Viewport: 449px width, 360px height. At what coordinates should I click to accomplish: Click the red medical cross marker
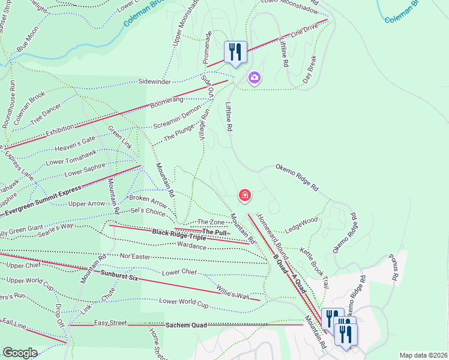click(x=245, y=195)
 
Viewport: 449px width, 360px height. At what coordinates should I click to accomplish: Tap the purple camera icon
click(x=254, y=78)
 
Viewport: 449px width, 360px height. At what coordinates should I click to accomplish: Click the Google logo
click(x=19, y=353)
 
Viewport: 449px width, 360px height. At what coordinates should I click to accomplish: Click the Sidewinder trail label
click(x=155, y=80)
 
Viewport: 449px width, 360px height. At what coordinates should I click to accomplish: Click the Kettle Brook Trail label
click(x=315, y=267)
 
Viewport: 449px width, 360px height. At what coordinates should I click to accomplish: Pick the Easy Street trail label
click(x=110, y=323)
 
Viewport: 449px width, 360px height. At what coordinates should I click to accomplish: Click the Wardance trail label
click(x=191, y=245)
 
